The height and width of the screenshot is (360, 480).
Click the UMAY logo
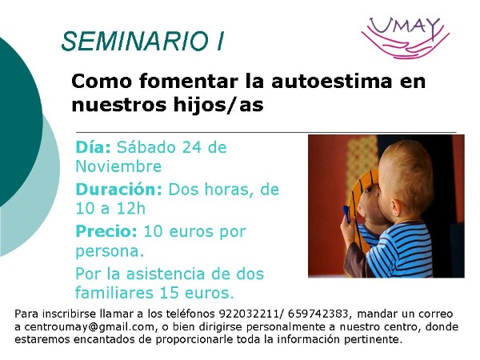point(406,38)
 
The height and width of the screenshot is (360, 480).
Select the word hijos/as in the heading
point(218,104)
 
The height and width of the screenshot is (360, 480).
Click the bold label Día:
point(93,147)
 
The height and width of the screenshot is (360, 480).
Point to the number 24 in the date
point(192,147)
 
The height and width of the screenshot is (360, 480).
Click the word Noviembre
point(118,166)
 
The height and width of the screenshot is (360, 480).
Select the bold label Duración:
point(118,190)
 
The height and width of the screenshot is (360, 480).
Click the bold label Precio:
point(106,231)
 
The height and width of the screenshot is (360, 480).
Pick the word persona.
point(107,252)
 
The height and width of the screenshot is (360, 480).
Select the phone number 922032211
point(249,314)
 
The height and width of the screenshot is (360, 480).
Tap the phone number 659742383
point(318,314)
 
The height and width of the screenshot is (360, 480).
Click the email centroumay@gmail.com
point(89,327)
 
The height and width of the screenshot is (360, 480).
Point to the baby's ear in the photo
point(395,206)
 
